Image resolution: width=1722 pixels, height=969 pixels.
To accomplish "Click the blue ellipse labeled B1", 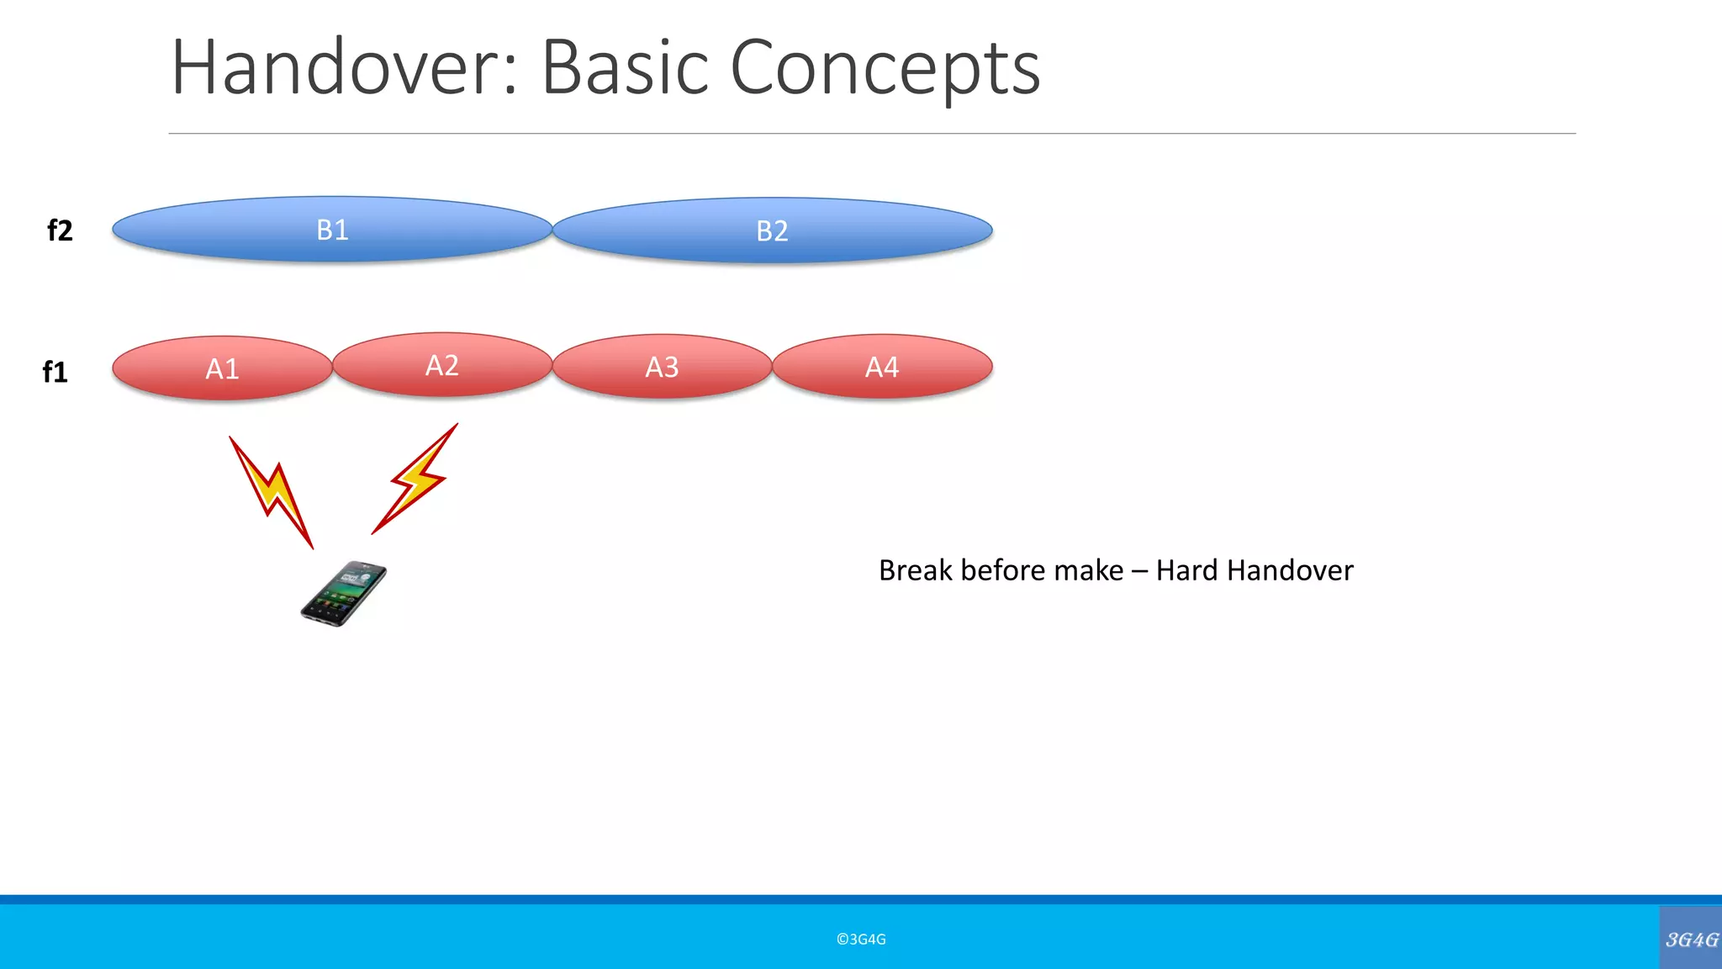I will [332, 229].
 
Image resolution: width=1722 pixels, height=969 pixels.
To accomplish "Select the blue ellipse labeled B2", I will [772, 230].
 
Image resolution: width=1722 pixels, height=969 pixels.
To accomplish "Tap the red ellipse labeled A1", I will [222, 368].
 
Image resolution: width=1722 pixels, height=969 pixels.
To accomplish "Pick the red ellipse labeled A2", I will [442, 365].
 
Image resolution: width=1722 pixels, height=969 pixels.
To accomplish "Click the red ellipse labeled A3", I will [662, 367].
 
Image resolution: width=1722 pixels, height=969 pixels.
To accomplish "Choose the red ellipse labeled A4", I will [882, 367].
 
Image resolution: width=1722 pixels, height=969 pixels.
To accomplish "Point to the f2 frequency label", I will [60, 230].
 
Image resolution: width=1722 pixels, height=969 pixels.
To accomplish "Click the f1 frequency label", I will [55, 372].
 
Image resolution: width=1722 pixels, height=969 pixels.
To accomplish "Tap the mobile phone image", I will [344, 594].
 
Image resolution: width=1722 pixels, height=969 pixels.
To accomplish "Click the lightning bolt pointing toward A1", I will [272, 492].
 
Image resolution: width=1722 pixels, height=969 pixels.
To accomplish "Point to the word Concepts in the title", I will [885, 69].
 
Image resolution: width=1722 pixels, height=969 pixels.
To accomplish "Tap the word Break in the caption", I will [915, 570].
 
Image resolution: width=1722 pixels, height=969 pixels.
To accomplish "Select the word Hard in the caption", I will [1187, 570].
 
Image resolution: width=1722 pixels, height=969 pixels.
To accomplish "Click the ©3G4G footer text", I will [861, 940].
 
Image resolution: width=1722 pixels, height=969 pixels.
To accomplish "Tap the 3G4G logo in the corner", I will [1691, 939].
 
